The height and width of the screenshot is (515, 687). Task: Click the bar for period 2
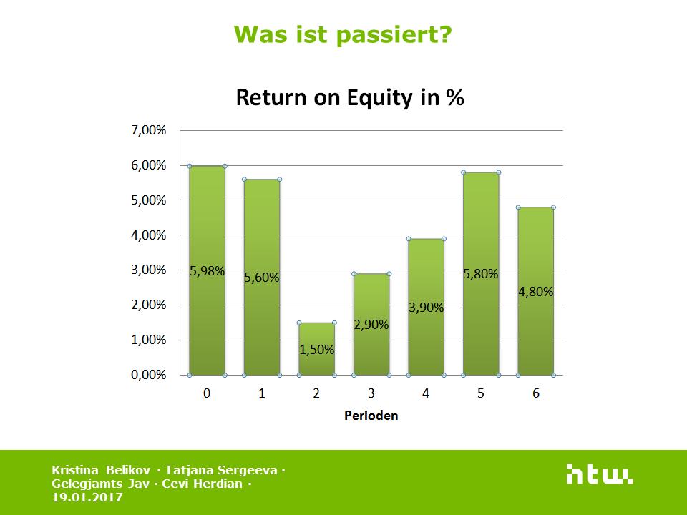317,349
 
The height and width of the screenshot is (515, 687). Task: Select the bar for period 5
481,274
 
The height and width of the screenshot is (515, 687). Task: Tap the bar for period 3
371,325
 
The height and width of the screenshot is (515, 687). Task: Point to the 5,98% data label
208,271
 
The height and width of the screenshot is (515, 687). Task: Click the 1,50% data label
317,350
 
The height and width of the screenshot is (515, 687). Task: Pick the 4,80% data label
536,292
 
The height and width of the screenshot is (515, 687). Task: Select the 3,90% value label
427,308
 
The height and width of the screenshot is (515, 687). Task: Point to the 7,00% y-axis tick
149,130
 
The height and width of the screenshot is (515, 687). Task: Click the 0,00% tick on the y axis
149,375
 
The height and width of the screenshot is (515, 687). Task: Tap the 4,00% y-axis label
149,235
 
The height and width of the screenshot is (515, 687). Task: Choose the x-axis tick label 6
536,393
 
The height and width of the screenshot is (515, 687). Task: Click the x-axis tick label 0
207,393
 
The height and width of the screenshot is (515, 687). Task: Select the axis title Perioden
371,415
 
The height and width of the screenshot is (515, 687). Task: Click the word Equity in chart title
380,98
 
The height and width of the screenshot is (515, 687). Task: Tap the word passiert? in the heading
394,35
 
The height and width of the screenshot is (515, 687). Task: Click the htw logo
600,474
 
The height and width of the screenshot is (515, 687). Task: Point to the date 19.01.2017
87,498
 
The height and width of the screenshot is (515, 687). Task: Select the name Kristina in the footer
75,470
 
